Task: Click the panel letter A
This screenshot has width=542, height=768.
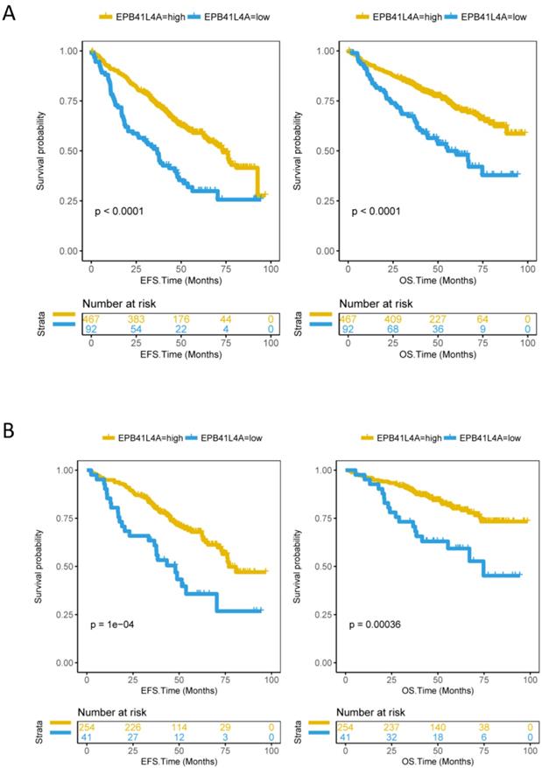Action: [10, 15]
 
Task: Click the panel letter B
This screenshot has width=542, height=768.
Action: [10, 431]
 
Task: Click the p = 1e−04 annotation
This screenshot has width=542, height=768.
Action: [111, 625]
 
